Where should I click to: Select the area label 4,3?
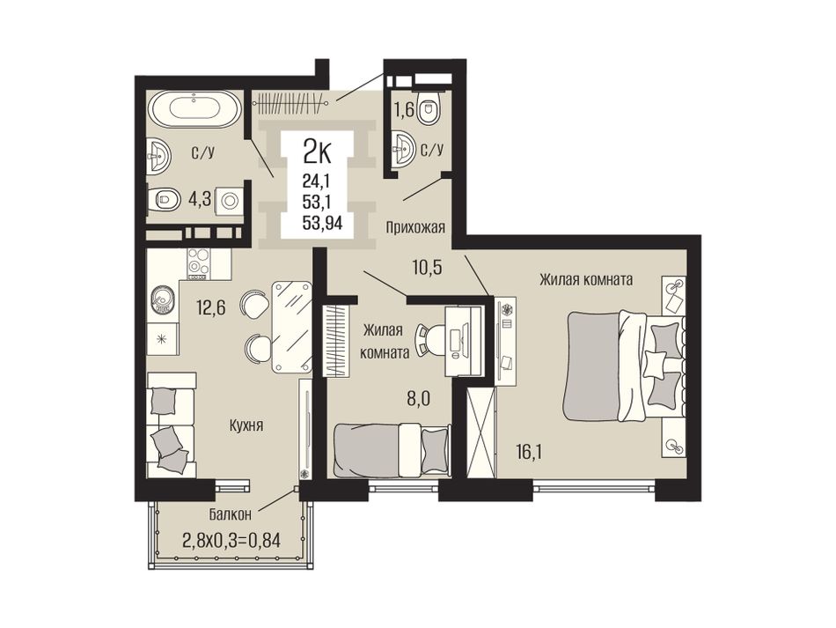coord(200,200)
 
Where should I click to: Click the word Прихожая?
coord(416,228)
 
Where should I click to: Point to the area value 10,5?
coord(427,267)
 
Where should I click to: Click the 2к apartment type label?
coord(317,152)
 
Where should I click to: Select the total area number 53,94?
coord(322,223)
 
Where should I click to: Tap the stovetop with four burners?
coord(197,263)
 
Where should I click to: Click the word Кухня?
coord(246,425)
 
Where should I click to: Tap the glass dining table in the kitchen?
coord(291,327)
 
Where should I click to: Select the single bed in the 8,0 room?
coord(392,450)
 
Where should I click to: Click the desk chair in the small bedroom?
coord(431,339)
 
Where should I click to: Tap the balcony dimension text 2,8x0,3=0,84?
coord(231,542)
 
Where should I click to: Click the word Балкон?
coord(230,515)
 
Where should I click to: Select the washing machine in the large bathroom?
coord(230,201)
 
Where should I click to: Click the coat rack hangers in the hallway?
coord(290,102)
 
